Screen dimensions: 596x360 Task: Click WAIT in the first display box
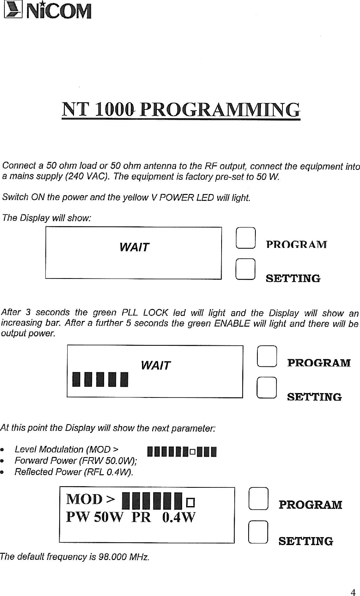134,247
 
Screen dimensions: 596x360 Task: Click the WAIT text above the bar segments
156,365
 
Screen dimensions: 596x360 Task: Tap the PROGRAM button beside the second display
267,356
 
